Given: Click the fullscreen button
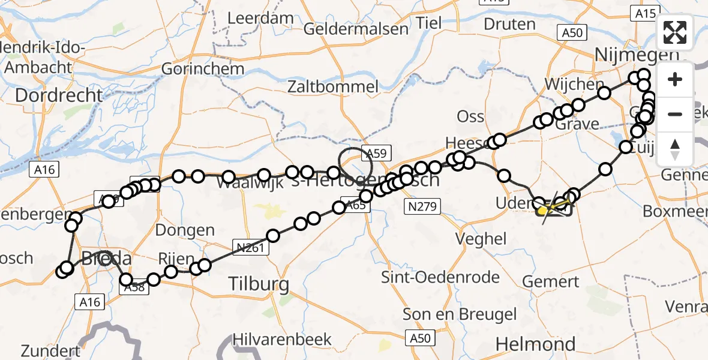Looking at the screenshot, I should click(675, 32).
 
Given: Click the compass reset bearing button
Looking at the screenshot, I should click(675, 149).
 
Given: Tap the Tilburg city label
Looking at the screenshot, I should click(259, 283).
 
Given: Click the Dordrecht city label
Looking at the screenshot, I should click(59, 95).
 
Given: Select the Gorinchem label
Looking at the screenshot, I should click(203, 68).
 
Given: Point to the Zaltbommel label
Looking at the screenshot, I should click(341, 86).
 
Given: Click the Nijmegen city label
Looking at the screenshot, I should click(636, 55).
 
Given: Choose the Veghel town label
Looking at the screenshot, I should click(481, 238).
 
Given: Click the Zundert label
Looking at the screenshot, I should click(50, 350).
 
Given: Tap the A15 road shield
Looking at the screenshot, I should click(646, 12).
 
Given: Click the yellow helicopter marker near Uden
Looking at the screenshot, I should click(544, 210).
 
